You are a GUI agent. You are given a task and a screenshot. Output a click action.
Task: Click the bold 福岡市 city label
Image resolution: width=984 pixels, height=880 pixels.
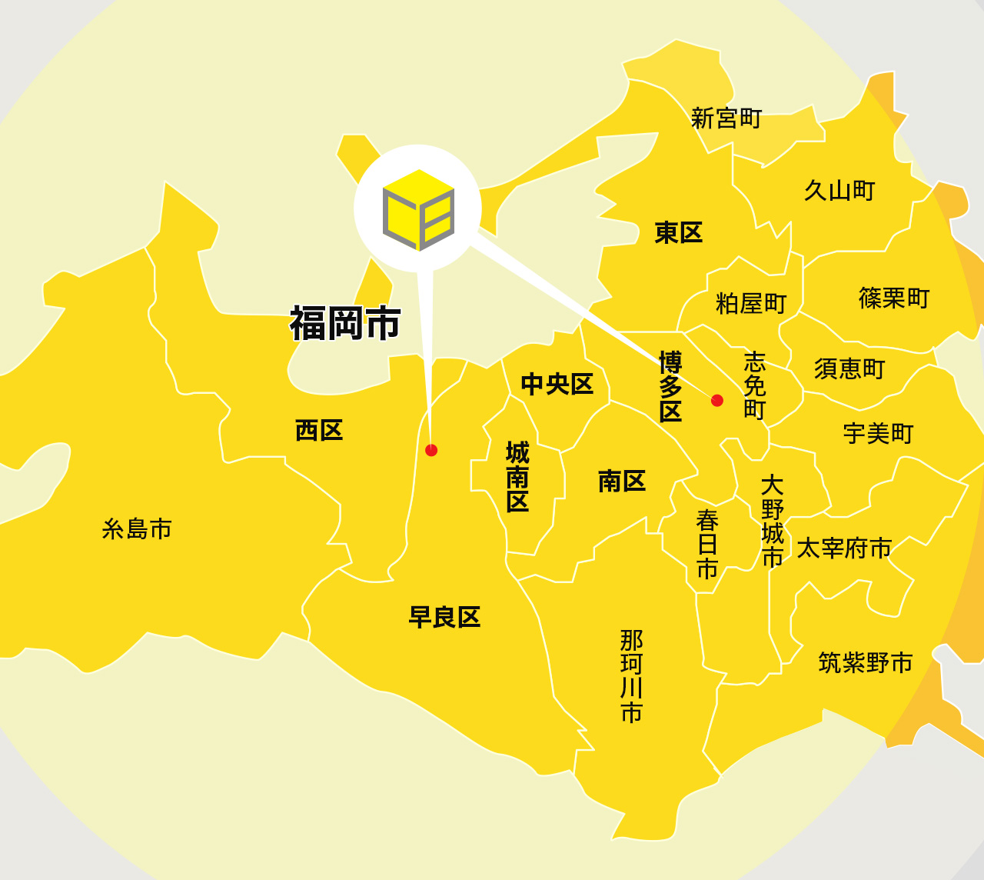(345, 323)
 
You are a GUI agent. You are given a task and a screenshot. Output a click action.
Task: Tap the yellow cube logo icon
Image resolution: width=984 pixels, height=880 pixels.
(418, 209)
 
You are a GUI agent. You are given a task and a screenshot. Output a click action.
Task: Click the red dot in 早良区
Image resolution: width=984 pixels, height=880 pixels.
(431, 450)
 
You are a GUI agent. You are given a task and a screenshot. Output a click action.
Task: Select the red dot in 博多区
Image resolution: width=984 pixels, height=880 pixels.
(717, 400)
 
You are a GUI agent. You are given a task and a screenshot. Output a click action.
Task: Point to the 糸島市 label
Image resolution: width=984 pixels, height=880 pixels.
(137, 529)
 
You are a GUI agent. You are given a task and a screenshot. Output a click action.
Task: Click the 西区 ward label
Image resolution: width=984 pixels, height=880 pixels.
(319, 430)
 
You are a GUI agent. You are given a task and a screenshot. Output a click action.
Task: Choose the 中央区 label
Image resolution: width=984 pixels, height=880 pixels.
(557, 384)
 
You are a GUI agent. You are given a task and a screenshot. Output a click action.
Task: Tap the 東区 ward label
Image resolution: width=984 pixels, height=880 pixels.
(679, 232)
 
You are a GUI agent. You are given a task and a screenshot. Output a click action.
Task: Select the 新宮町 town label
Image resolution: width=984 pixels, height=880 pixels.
(726, 118)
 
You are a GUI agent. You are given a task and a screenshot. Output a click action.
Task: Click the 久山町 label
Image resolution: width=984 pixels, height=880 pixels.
(839, 190)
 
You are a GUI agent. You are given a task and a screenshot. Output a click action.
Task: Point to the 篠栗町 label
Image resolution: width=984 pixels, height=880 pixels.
(894, 298)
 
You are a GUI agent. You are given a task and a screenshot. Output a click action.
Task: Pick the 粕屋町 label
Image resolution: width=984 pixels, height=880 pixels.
(751, 303)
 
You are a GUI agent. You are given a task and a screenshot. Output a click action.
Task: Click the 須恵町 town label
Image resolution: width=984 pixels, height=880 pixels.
(849, 368)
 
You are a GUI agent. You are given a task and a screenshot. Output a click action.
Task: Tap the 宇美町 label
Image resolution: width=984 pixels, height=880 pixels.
(878, 434)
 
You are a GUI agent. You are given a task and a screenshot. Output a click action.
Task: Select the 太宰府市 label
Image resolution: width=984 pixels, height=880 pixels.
(844, 548)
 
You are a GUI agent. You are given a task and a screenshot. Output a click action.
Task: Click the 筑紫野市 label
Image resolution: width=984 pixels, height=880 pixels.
(866, 662)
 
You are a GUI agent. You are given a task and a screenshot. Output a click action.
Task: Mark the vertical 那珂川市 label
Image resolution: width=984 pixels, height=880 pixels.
(631, 676)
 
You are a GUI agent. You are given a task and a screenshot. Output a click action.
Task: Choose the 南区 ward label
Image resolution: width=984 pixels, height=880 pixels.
(622, 482)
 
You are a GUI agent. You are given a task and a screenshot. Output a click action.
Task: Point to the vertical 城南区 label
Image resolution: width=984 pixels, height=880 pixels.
(517, 477)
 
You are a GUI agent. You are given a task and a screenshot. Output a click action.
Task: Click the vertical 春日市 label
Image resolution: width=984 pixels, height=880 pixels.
(707, 545)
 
